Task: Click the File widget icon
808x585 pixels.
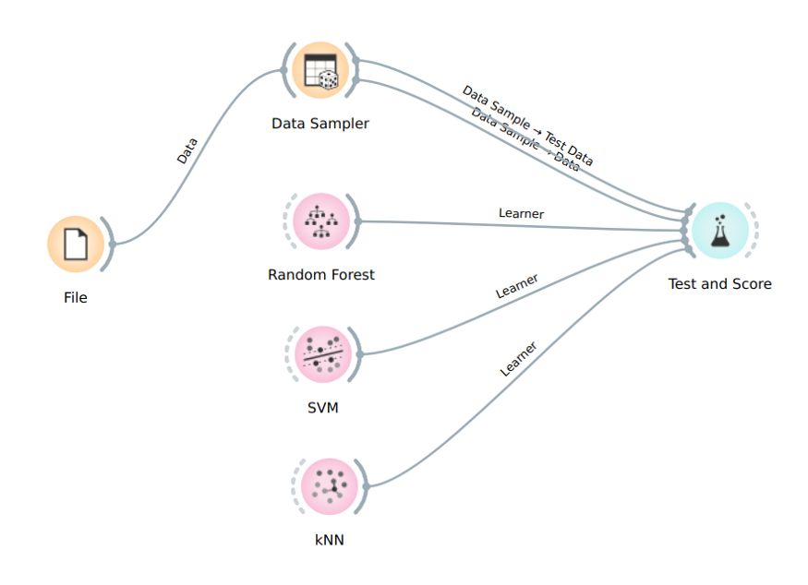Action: click(76, 245)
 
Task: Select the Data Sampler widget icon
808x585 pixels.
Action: click(320, 71)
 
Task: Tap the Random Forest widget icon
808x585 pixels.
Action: click(321, 221)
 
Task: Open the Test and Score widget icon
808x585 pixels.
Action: click(719, 231)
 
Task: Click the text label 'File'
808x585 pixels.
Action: click(76, 297)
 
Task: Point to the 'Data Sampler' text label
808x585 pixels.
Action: click(320, 124)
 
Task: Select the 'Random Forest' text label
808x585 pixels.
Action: click(321, 274)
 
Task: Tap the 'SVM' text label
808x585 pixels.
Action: click(323, 407)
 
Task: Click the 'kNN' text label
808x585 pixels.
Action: click(330, 539)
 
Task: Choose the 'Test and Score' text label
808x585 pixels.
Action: click(719, 283)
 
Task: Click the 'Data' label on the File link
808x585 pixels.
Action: click(187, 150)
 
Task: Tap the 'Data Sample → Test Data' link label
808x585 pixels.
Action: click(527, 125)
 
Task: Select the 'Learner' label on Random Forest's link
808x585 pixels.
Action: click(521, 213)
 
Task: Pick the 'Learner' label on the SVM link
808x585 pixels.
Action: click(517, 287)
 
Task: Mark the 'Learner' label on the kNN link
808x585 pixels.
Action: click(519, 360)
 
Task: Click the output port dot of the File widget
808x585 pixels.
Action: click(113, 245)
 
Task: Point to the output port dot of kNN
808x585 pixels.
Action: click(367, 486)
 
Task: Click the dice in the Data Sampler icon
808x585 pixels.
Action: click(329, 81)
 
